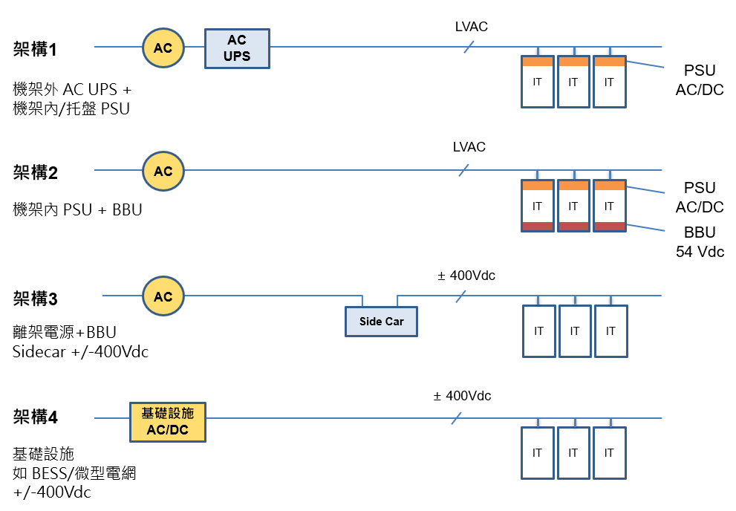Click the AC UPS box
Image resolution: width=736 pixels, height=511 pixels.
click(x=237, y=48)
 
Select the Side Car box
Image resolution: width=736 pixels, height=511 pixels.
click(x=381, y=321)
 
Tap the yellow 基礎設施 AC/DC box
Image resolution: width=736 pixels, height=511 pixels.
click(x=167, y=422)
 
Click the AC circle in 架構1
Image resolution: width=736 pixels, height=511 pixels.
click(x=163, y=48)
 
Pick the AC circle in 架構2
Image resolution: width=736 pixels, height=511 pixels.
click(x=163, y=171)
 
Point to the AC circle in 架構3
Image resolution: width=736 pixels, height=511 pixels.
click(x=163, y=296)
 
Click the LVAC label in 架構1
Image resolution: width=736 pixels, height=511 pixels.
click(x=471, y=27)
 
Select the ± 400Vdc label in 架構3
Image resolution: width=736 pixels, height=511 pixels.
click(x=466, y=276)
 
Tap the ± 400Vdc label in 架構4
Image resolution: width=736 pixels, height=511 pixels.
click(x=462, y=396)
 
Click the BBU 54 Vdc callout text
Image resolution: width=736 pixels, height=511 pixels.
click(x=700, y=242)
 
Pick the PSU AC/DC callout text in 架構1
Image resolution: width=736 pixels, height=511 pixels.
click(x=700, y=80)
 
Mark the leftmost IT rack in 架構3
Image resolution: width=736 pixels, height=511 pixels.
click(x=538, y=331)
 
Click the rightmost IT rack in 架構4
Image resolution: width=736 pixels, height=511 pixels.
click(x=609, y=453)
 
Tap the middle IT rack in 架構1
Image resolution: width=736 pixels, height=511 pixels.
click(x=573, y=82)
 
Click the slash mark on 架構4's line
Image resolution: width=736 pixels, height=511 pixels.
click(x=457, y=419)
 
